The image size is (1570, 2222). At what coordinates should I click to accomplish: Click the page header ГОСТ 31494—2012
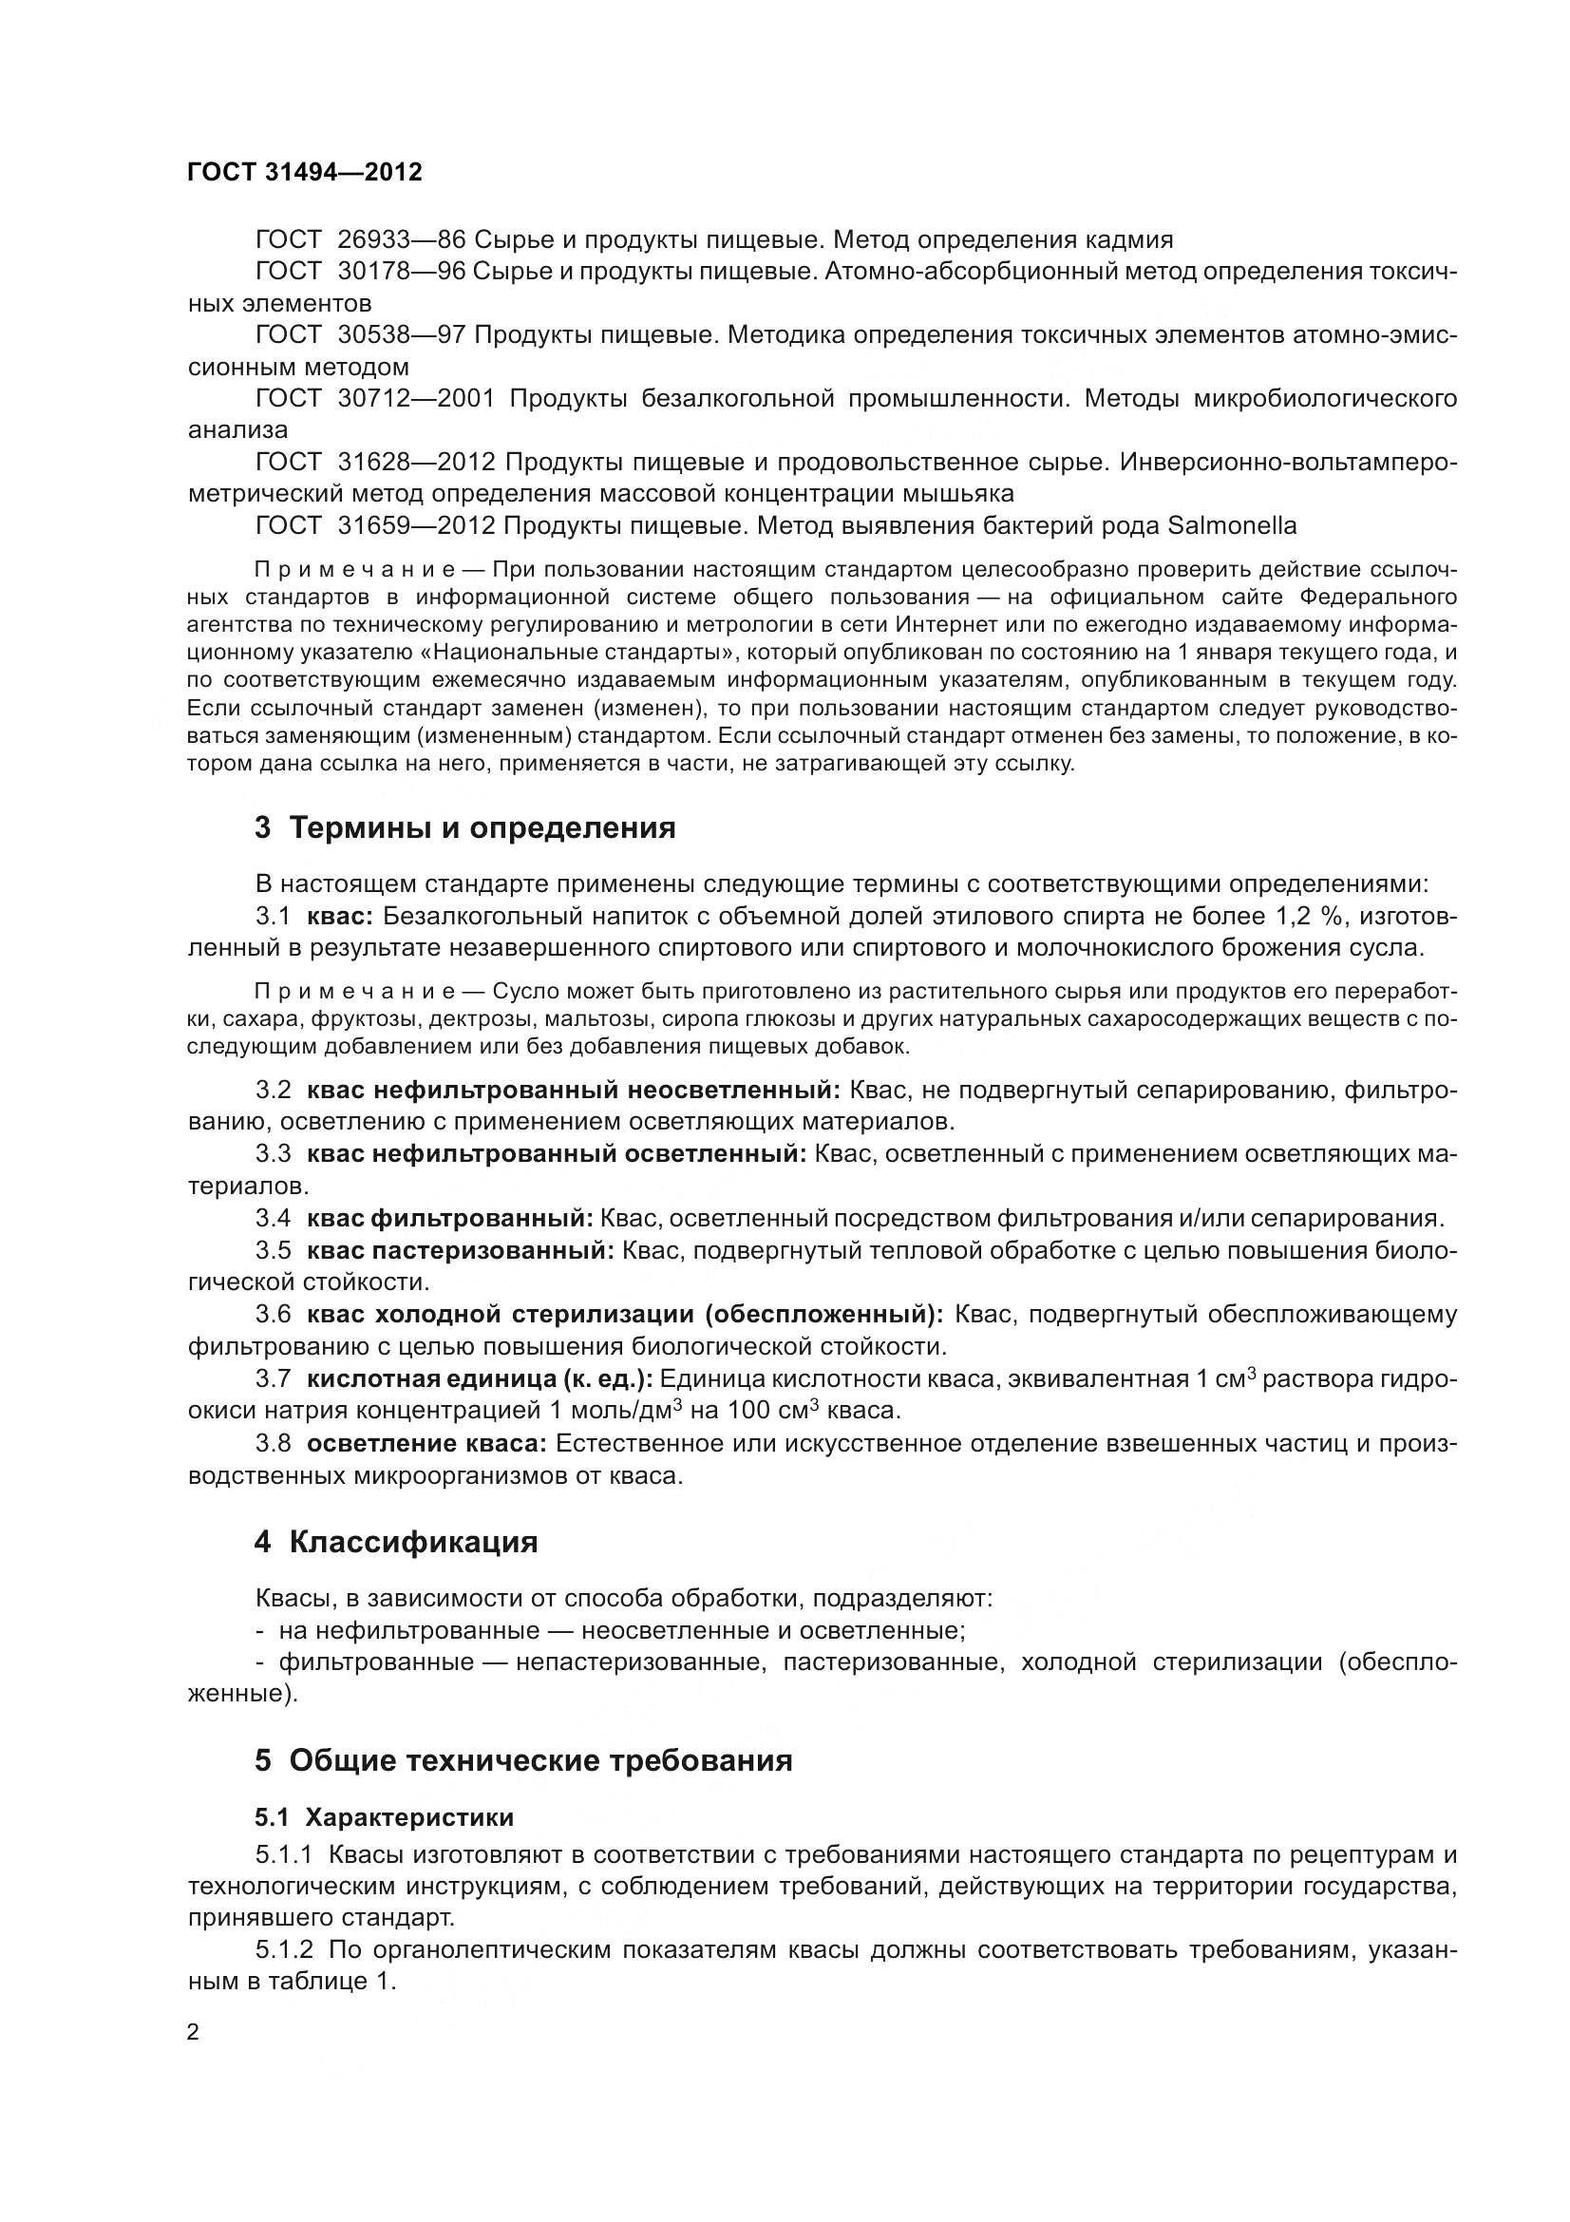pyautogui.click(x=305, y=172)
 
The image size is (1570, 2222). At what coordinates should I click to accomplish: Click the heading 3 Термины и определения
pyautogui.click(x=464, y=828)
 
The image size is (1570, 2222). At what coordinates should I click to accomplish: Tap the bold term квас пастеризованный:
pyautogui.click(x=461, y=1250)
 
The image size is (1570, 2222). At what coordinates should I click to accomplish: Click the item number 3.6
pyautogui.click(x=273, y=1314)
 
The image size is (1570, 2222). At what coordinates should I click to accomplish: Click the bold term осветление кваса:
pyautogui.click(x=426, y=1444)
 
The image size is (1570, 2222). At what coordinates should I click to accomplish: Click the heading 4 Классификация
pyautogui.click(x=396, y=1542)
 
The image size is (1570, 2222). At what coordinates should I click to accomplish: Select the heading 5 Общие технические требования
pyautogui.click(x=523, y=1760)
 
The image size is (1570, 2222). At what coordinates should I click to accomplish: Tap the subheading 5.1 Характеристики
pyautogui.click(x=384, y=1817)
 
